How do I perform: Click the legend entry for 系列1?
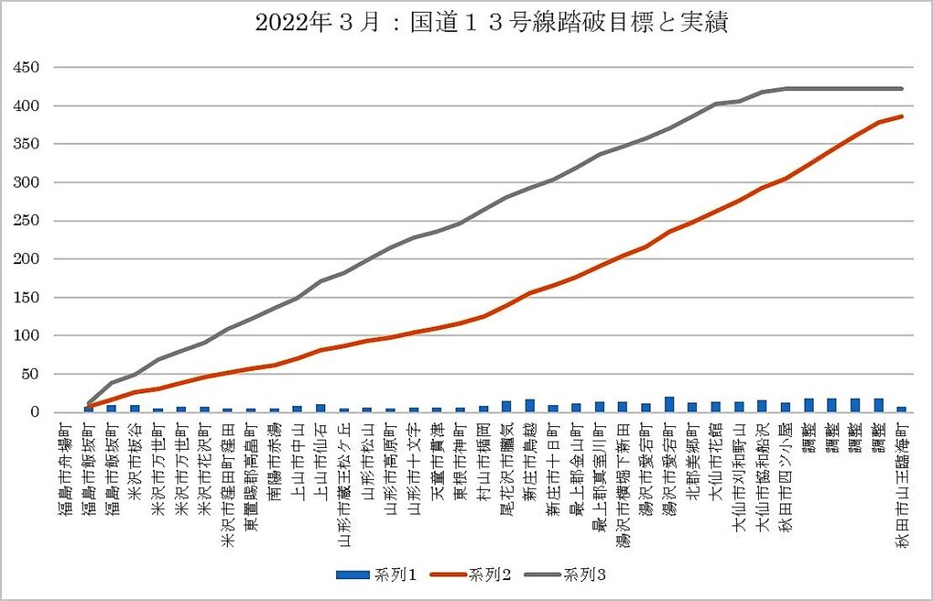coord(376,575)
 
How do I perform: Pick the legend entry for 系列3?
coord(569,575)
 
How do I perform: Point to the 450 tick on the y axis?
coord(26,68)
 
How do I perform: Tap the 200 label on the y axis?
coord(26,260)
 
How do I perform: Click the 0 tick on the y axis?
coord(35,413)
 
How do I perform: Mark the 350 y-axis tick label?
coord(26,145)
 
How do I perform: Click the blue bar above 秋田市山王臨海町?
coord(902,409)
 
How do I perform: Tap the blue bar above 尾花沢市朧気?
coord(507,406)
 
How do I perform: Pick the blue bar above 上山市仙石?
coord(321,408)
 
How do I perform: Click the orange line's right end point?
coord(902,117)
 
